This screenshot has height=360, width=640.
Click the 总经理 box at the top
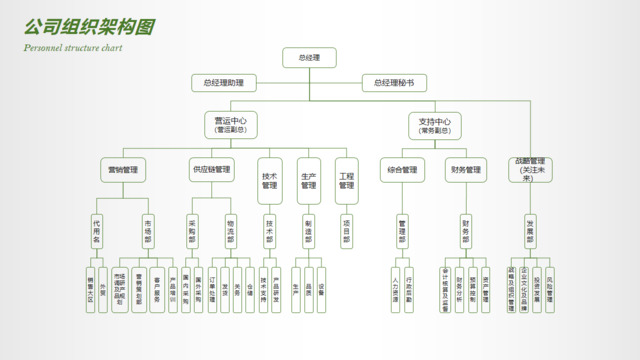(x=309, y=58)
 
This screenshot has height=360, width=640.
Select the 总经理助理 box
(x=223, y=84)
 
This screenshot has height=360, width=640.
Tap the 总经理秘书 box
(x=394, y=84)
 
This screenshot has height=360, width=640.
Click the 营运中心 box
(x=230, y=125)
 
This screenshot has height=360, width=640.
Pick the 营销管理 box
(x=123, y=170)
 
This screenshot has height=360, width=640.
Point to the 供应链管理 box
(x=211, y=170)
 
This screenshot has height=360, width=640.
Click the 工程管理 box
(x=346, y=175)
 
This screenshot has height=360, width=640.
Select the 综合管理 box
(x=403, y=170)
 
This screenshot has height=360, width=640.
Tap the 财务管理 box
(x=465, y=170)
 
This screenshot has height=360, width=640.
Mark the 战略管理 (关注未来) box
(x=530, y=168)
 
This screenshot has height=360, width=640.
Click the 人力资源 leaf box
(x=396, y=290)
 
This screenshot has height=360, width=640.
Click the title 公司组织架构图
(x=89, y=26)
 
